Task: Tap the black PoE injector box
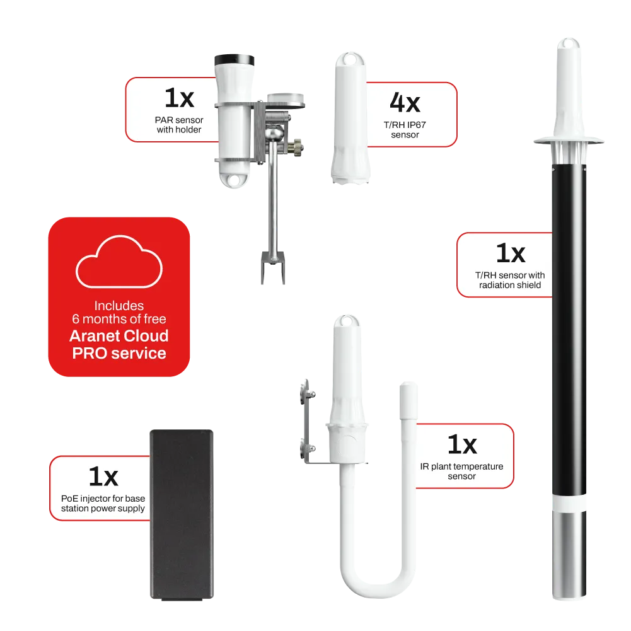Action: click(182, 515)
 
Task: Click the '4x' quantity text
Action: click(405, 103)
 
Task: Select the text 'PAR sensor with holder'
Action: click(179, 125)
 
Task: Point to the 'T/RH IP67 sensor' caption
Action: click(405, 130)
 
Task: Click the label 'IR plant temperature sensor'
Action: click(461, 472)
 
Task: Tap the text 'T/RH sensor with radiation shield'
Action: click(510, 280)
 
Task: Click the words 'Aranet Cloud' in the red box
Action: click(119, 335)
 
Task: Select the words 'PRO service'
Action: click(119, 354)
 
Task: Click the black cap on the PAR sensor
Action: click(234, 60)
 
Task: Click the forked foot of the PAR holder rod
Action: click(273, 267)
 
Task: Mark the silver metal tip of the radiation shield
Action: click(569, 555)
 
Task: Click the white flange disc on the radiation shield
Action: click(569, 141)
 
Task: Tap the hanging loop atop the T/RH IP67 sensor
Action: click(350, 59)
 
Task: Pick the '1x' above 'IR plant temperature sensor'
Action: click(462, 444)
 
